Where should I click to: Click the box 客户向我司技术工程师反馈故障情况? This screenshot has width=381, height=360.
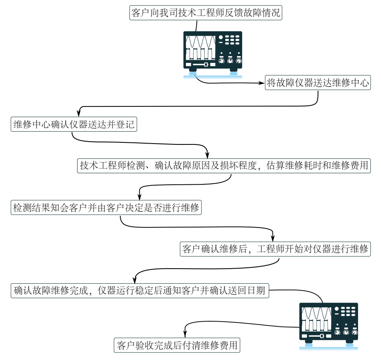[206, 13]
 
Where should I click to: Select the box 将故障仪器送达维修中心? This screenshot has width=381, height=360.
[318, 83]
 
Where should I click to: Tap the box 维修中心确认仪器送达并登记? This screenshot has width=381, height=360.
[74, 125]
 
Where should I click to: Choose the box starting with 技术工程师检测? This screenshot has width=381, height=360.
[224, 166]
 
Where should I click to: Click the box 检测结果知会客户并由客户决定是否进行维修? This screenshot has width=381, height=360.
[106, 208]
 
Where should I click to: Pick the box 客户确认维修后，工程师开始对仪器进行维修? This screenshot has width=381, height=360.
[275, 249]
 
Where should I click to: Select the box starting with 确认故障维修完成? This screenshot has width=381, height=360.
[140, 291]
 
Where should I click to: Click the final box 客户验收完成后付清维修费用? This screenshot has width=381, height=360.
[177, 345]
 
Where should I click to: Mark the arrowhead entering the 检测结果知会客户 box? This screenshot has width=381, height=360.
[139, 197]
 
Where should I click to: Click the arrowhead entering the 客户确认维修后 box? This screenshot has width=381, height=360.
[273, 239]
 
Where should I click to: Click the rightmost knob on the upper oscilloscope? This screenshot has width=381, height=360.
[239, 61]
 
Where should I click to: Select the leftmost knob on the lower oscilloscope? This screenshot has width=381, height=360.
[337, 333]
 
